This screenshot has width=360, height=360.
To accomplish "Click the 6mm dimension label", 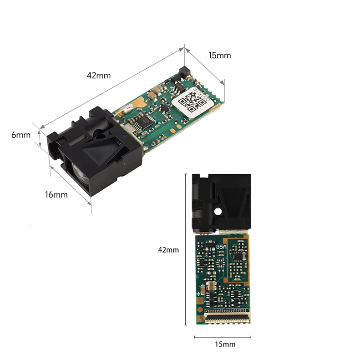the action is (21, 135).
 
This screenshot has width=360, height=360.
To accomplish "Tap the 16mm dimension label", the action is (56, 195).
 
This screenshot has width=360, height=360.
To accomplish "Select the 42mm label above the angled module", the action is (99, 76).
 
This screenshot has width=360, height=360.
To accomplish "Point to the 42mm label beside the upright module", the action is (168, 250).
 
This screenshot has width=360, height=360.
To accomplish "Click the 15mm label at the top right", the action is (219, 56).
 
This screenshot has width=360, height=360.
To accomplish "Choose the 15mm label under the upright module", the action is (225, 344).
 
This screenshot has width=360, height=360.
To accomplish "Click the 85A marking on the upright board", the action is (221, 247).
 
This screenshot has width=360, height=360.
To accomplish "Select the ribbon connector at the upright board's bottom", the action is (227, 316).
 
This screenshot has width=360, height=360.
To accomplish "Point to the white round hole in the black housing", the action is (218, 211).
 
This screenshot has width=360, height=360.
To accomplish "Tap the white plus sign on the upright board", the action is (199, 294).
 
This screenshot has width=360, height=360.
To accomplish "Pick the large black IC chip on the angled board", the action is (144, 122).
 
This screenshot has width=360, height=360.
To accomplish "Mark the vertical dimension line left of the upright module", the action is (186, 249).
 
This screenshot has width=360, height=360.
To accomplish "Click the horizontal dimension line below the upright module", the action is (223, 337).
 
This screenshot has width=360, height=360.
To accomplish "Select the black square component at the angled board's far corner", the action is (185, 71).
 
